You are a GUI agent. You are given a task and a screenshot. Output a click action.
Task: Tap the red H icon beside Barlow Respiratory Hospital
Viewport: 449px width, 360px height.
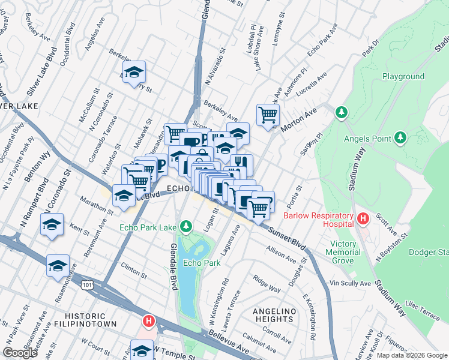[362, 218]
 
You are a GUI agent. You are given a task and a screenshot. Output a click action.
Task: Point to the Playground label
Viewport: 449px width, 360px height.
[403, 77]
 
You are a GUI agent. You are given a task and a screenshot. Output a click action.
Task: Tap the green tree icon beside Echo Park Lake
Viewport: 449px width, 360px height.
[186, 226]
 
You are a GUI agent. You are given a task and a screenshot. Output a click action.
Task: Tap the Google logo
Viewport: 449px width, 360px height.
[20, 353]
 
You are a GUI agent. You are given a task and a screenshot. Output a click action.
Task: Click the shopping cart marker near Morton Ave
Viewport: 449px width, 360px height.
[267, 114]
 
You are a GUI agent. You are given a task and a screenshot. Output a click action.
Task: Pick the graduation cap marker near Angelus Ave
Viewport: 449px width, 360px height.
[134, 72]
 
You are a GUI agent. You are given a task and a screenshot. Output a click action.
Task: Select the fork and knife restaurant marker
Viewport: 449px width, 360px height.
[241, 163]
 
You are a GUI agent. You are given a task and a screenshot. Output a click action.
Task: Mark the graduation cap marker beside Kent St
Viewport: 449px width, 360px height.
[52, 224]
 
